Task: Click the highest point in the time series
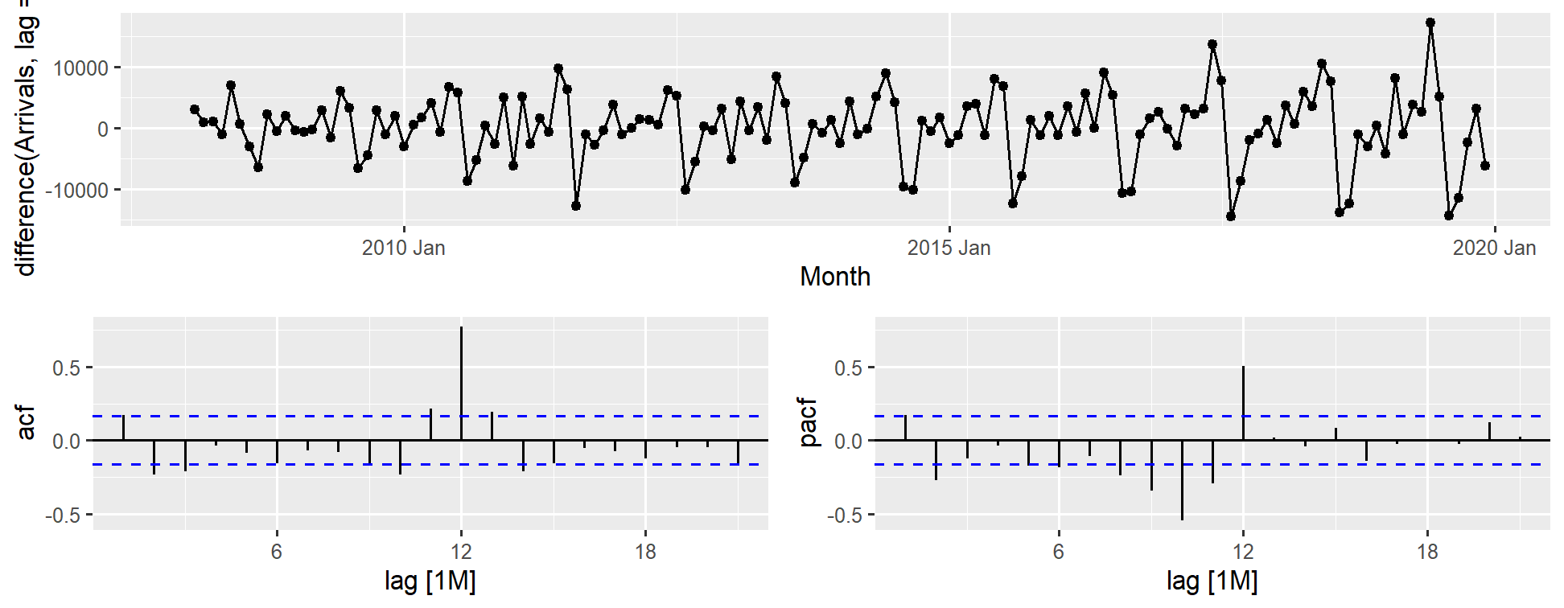click(x=1430, y=23)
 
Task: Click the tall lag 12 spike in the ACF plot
click(x=461, y=378)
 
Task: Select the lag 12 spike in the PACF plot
click(x=1243, y=402)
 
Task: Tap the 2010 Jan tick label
click(x=403, y=248)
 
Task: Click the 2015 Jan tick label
click(x=949, y=248)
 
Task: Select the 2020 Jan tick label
click(x=1494, y=248)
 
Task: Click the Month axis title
click(x=834, y=277)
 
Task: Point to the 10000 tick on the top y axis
click(x=80, y=68)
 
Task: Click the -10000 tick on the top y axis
click(x=76, y=191)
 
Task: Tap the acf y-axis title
click(x=26, y=423)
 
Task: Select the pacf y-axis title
click(x=808, y=423)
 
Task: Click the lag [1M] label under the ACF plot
click(x=430, y=581)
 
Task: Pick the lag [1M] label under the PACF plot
click(x=1212, y=581)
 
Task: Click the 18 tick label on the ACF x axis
click(x=645, y=552)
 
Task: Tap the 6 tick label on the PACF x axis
click(x=1058, y=552)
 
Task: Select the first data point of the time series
click(x=194, y=109)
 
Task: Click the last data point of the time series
click(x=1485, y=166)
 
